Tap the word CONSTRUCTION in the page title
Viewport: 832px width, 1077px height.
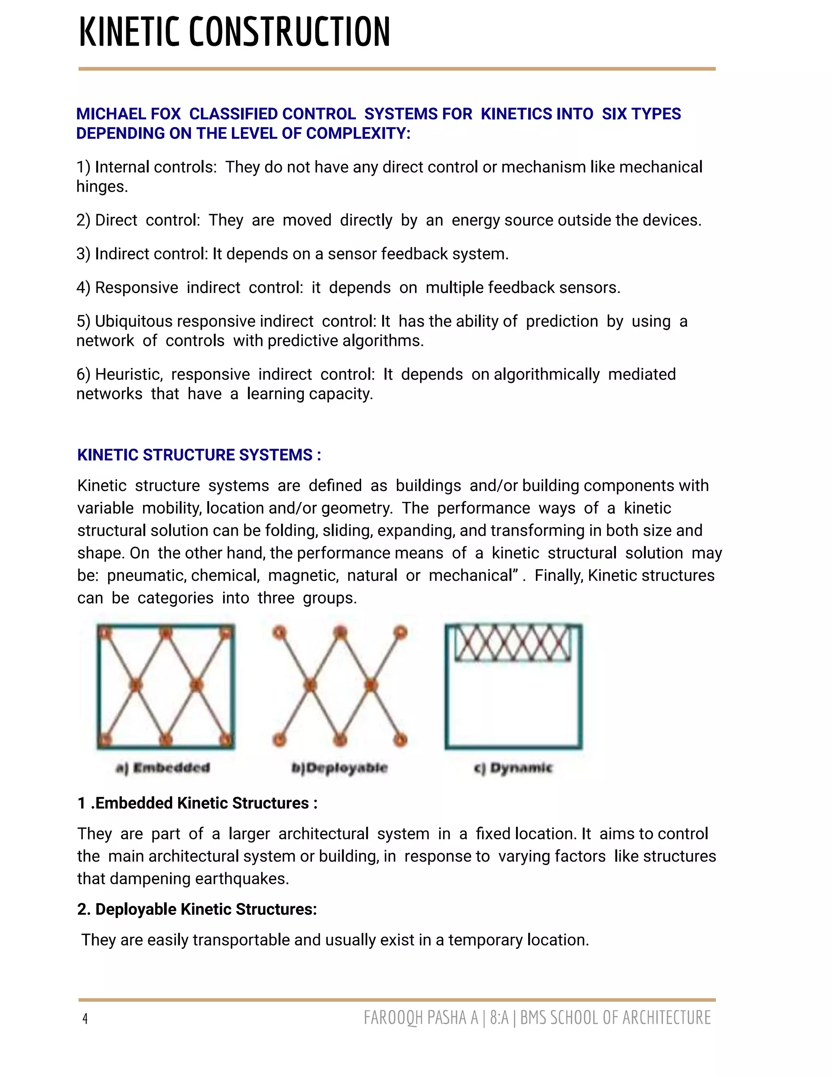289,32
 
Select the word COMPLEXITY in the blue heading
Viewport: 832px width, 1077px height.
358,134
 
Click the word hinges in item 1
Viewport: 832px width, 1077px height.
102,187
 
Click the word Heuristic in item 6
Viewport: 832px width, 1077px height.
128,375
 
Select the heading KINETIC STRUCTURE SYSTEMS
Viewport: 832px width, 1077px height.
199,455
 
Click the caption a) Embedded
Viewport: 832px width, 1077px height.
162,768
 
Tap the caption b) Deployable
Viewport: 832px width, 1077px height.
340,768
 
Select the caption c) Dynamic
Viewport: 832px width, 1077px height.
513,768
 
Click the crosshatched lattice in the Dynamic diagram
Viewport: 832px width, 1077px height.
513,643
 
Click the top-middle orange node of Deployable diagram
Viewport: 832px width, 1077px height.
340,633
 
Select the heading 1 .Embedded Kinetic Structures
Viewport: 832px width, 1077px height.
197,803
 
